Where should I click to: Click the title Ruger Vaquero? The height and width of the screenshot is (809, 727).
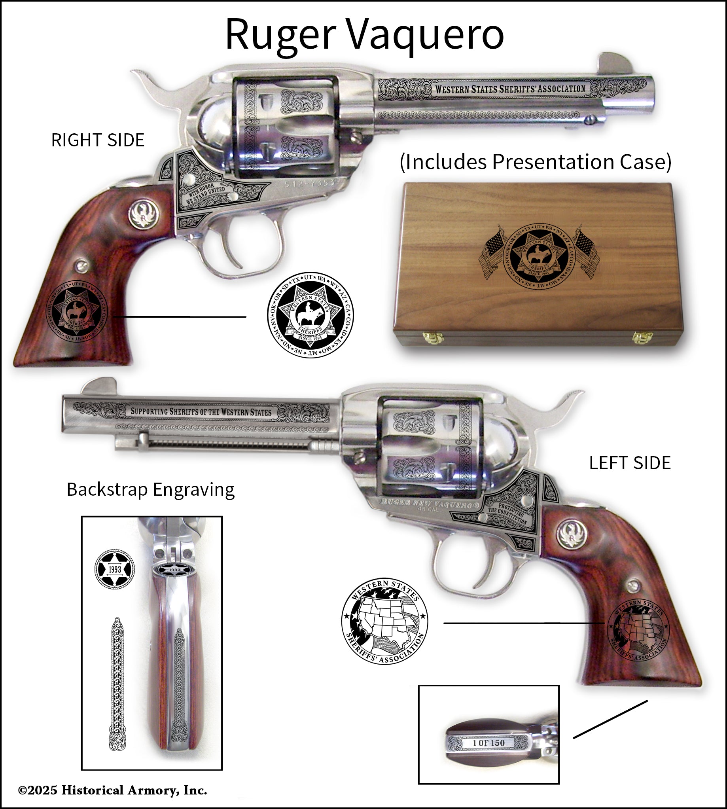point(364,35)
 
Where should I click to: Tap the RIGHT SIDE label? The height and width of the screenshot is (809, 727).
point(98,140)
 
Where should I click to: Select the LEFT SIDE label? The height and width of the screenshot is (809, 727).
point(630,463)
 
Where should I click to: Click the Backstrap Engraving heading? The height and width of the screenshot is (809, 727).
point(150,489)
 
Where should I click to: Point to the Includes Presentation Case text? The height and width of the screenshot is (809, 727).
point(536,162)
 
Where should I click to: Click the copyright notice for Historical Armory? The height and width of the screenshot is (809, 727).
point(113,790)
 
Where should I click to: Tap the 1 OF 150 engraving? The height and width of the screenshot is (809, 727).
point(488,743)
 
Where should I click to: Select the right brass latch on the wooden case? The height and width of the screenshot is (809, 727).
point(642,337)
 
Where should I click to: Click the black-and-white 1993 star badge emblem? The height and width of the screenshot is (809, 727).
point(115,568)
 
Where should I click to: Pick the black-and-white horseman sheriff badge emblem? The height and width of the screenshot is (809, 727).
point(310,315)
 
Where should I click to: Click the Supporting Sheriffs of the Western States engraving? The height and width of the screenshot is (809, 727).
point(201,412)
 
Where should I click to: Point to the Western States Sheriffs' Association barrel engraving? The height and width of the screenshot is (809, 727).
point(510,89)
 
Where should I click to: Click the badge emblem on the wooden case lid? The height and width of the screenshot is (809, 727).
point(539,256)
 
